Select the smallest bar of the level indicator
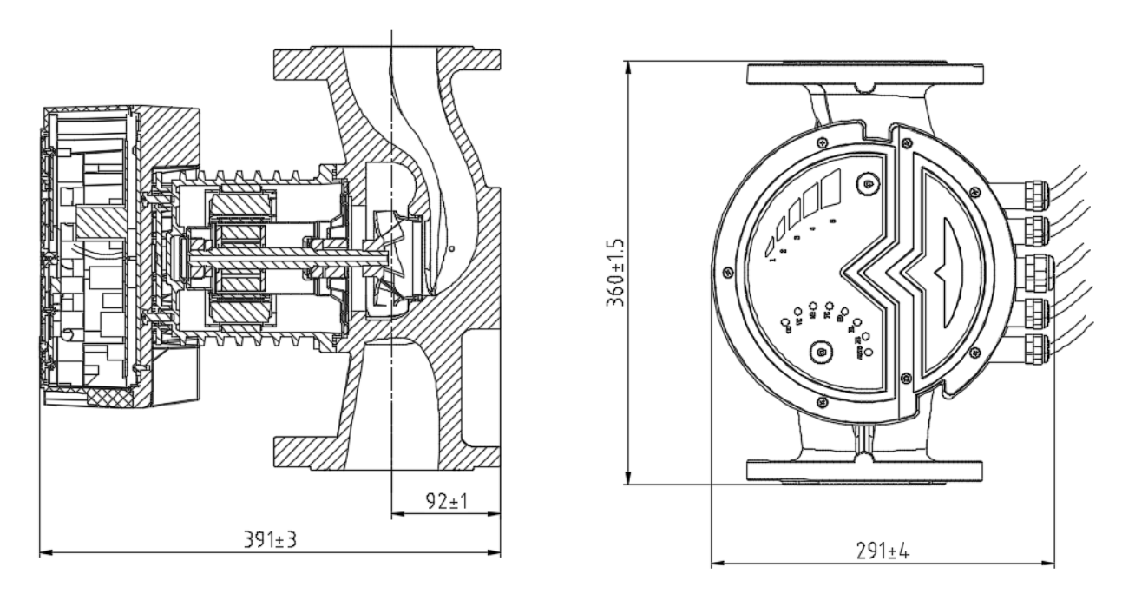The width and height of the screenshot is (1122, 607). point(770,243)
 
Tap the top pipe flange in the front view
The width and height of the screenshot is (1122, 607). point(866,75)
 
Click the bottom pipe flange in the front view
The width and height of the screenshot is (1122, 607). point(866,468)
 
